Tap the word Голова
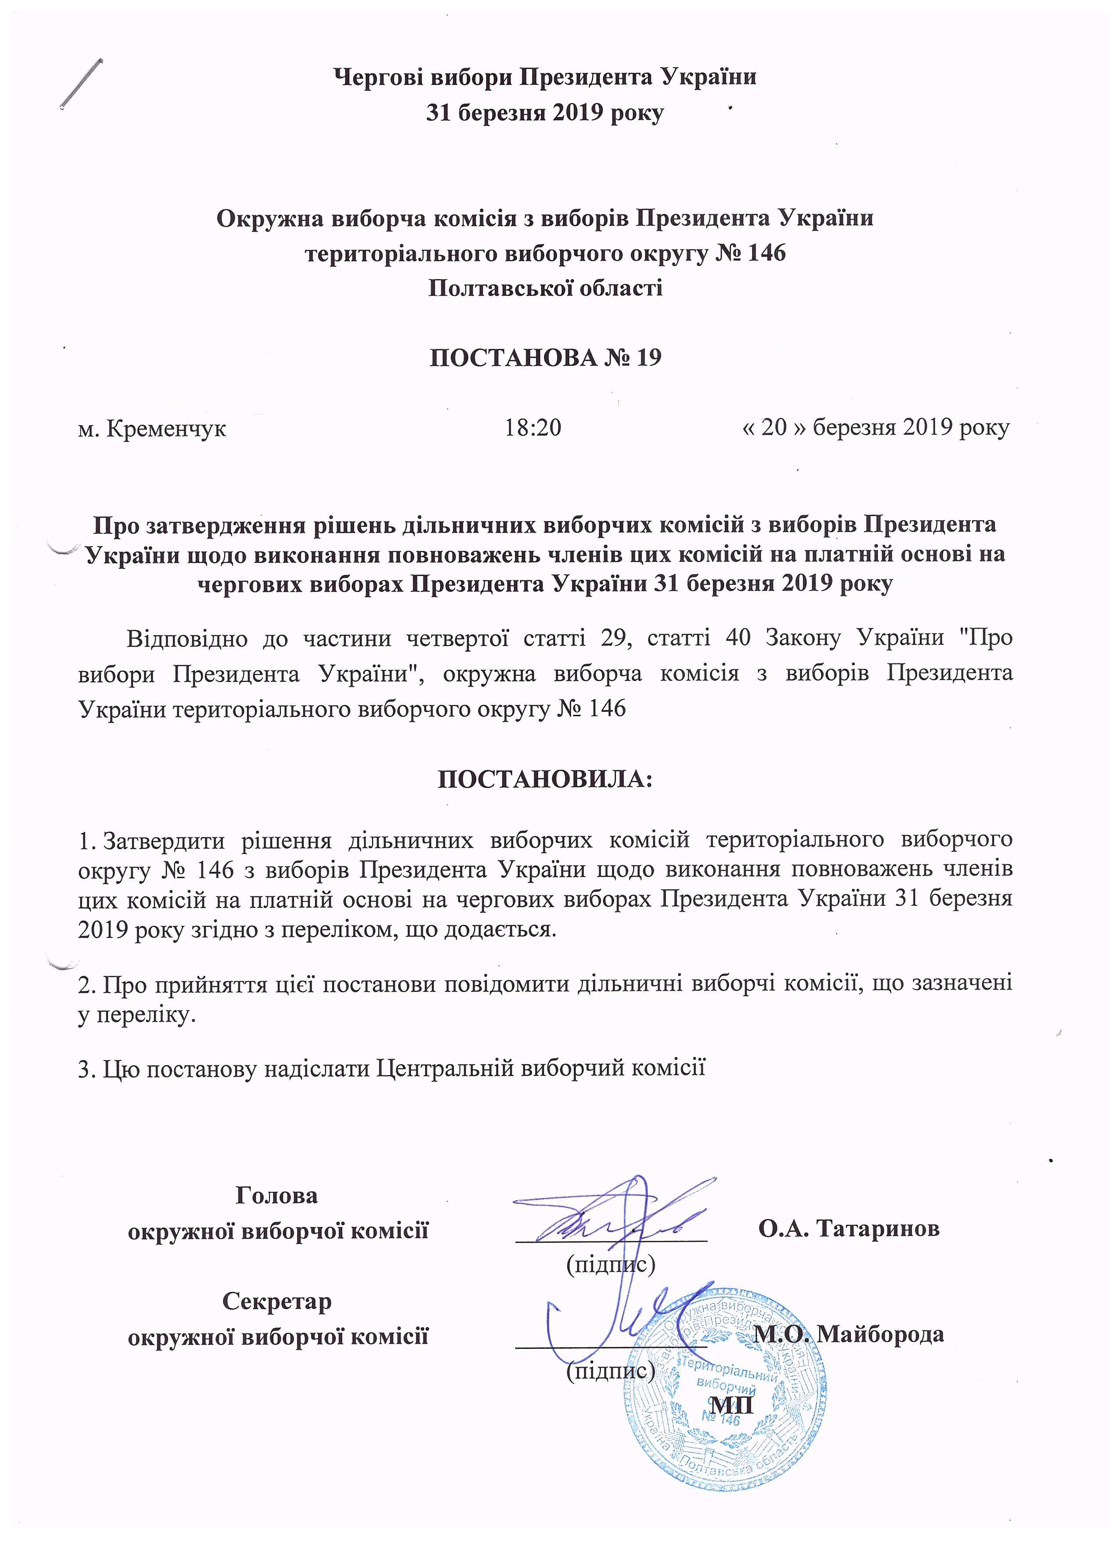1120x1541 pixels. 276,1195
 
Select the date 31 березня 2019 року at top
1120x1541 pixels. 545,113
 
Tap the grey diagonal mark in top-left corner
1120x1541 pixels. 82,83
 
